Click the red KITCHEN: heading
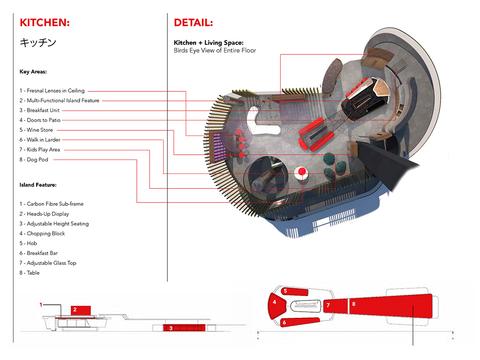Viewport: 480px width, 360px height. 45,22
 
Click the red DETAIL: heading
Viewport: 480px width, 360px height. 193,22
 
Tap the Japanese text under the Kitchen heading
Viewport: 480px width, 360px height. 38,42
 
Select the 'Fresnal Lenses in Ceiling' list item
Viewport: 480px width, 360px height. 52,90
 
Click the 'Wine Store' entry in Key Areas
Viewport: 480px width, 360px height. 36,130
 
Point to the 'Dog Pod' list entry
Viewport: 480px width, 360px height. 34,159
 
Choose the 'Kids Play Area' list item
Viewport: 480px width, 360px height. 40,150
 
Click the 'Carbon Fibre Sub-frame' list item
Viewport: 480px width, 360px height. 52,204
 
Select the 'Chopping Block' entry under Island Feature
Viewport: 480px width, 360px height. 42,233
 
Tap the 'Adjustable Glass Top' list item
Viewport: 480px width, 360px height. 48,263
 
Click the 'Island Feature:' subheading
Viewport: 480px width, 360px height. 38,185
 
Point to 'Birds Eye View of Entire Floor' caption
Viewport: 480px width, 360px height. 215,51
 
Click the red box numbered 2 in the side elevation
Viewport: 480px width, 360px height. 81,310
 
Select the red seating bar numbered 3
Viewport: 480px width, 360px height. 183,328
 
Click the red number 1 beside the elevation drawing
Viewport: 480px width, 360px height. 41,305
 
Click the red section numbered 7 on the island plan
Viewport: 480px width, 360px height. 335,306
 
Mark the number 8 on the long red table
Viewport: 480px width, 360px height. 354,304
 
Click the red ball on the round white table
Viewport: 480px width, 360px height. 302,171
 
